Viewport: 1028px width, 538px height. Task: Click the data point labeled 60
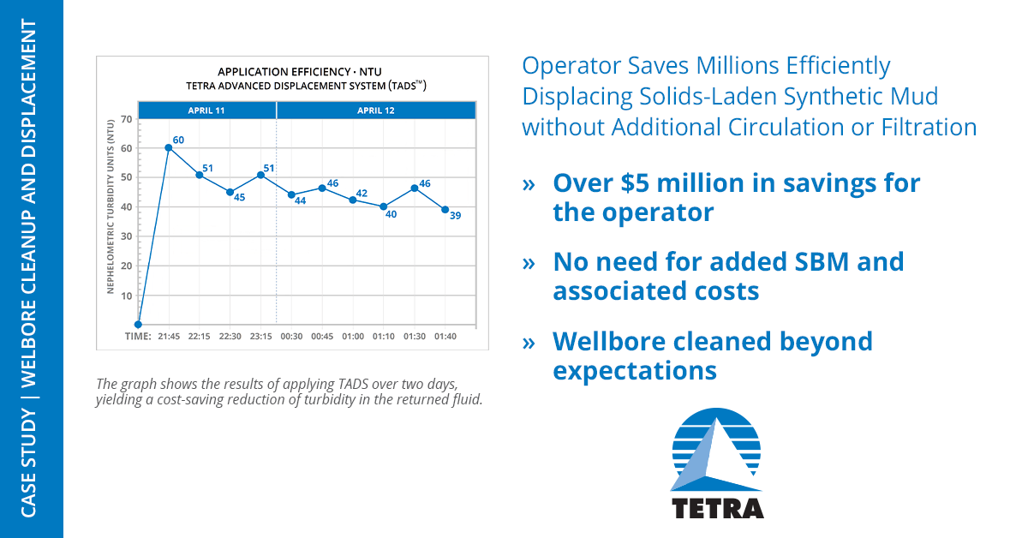tap(169, 148)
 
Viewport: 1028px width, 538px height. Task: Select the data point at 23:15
tap(260, 175)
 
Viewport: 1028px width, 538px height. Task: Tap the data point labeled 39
tap(445, 210)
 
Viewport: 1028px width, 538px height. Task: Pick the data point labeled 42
tap(352, 200)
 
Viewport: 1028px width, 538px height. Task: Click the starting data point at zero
tap(138, 325)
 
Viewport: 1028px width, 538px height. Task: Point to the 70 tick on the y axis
tap(126, 119)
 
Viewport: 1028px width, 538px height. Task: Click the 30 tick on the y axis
tap(126, 236)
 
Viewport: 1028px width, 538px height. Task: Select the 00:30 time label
tap(291, 337)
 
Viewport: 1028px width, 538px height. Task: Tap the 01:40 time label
tap(445, 337)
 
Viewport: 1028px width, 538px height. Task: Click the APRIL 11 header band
tap(207, 111)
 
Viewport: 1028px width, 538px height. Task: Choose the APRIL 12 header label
tap(376, 111)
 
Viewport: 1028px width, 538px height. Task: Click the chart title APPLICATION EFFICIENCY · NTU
tap(300, 72)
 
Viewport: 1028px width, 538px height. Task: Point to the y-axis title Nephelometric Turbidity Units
tap(111, 206)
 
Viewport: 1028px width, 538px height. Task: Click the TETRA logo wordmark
tap(718, 509)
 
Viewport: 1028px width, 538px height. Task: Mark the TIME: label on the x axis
tap(138, 337)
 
